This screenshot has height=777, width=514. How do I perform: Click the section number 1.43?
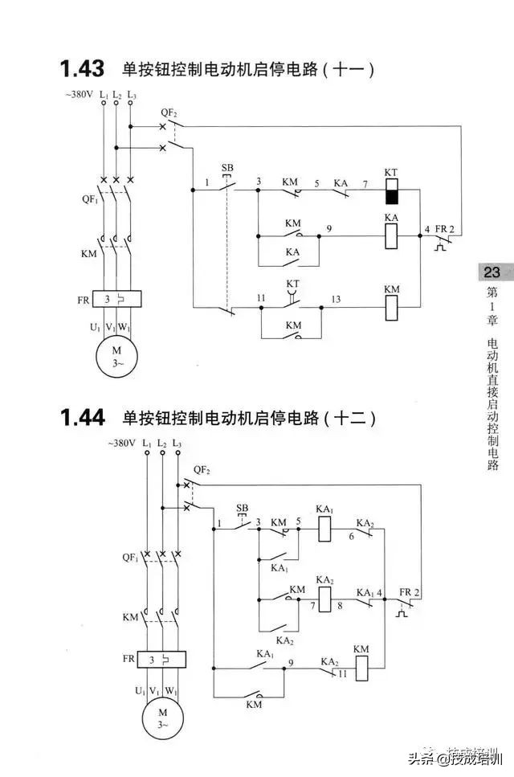[x=83, y=69]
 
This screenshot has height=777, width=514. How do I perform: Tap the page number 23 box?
[x=492, y=272]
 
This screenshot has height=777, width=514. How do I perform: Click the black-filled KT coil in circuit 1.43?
[x=391, y=197]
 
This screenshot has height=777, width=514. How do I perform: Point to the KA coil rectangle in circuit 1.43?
[x=391, y=235]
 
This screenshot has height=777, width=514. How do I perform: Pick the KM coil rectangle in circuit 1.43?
[x=391, y=307]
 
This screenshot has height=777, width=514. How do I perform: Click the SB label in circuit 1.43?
[x=227, y=168]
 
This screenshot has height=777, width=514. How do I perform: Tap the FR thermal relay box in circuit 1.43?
[x=116, y=299]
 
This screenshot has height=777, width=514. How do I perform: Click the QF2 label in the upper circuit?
[x=169, y=112]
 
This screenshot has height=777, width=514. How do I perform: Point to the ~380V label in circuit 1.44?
[x=122, y=444]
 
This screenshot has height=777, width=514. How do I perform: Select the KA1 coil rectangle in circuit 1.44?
[x=325, y=527]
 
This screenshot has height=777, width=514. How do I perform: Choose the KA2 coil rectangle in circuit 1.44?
[x=325, y=598]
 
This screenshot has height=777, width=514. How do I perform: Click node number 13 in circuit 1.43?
[x=336, y=299]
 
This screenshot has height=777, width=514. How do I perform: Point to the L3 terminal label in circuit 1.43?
[x=132, y=96]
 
